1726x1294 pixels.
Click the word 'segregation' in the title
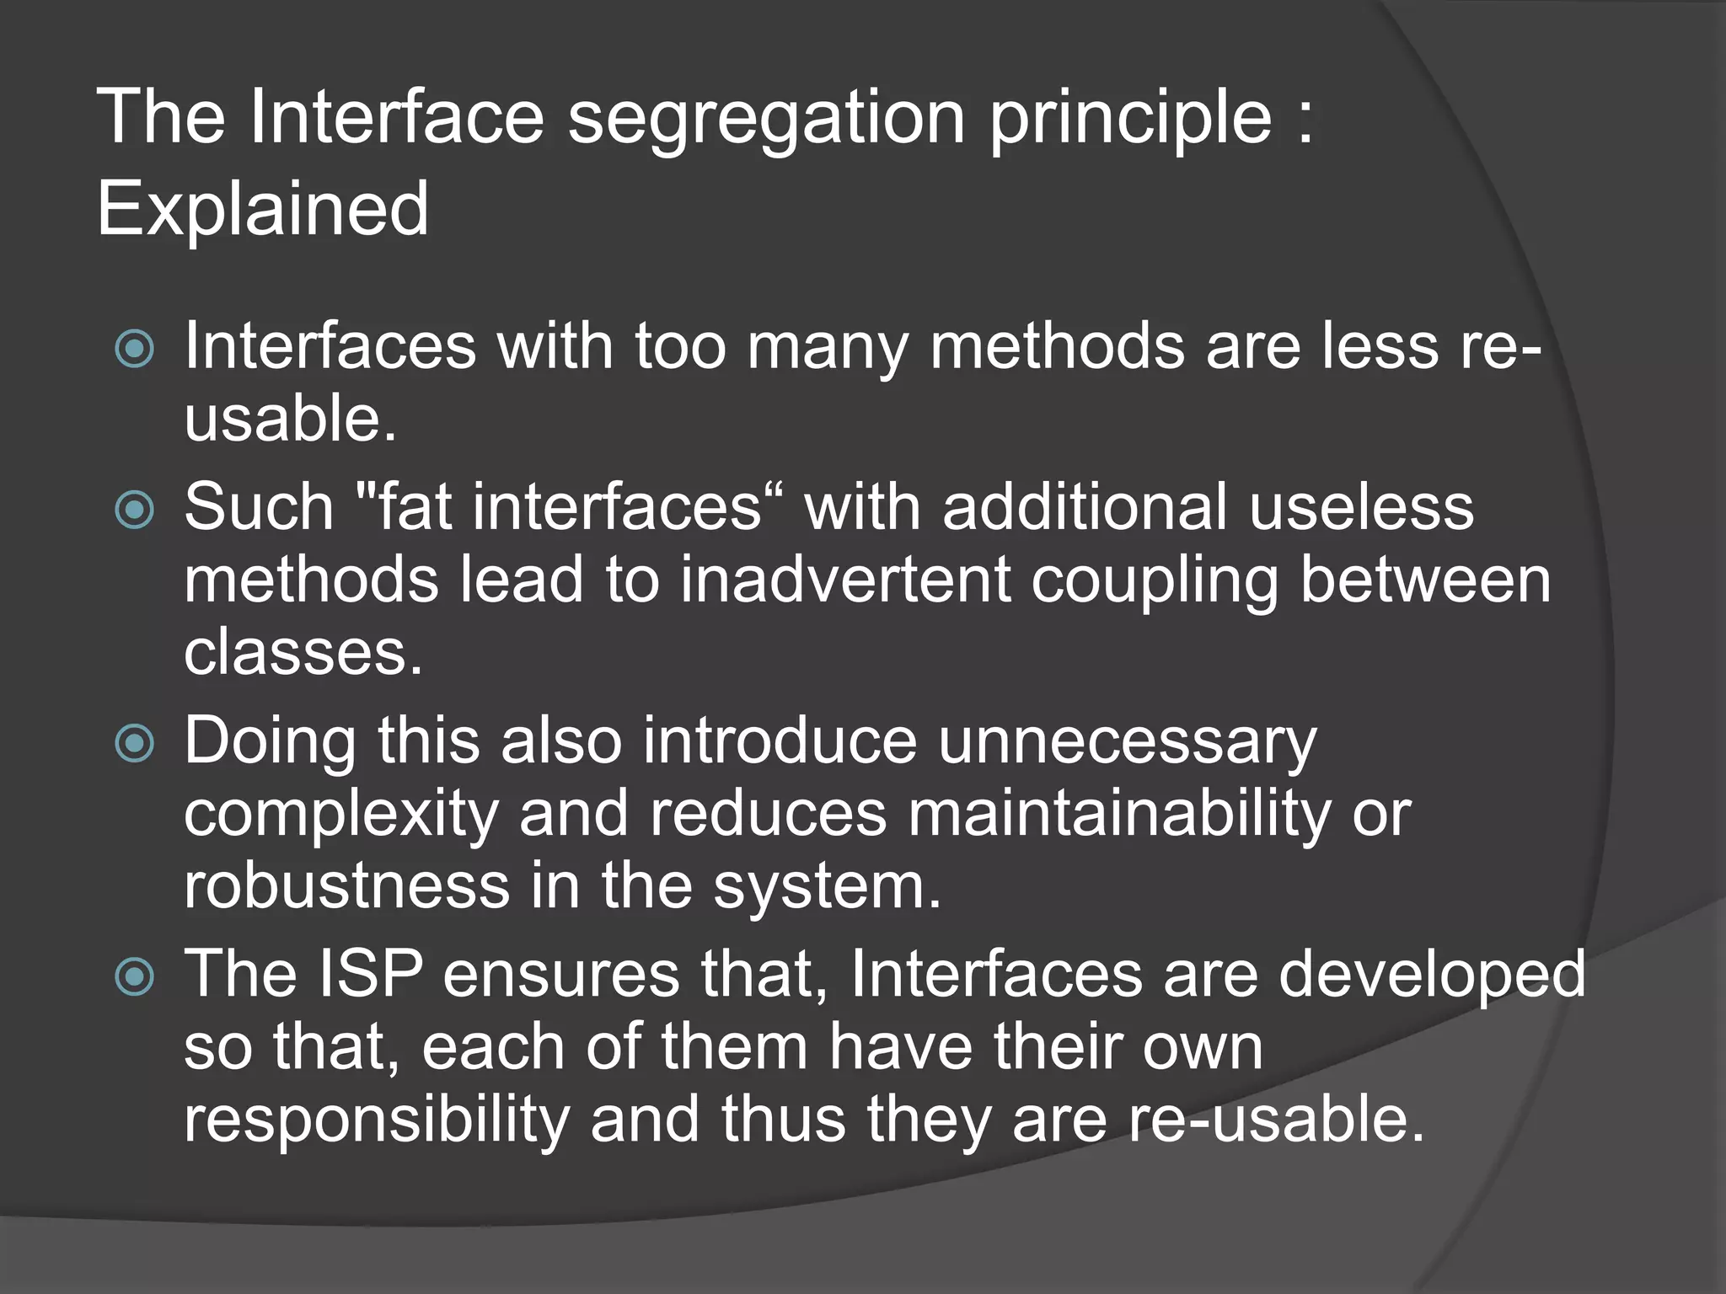pyautogui.click(x=765, y=120)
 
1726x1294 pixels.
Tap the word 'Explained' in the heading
pyautogui.click(x=263, y=208)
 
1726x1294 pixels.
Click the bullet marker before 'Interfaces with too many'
pyautogui.click(x=135, y=349)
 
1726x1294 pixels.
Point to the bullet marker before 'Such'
pyautogui.click(x=135, y=510)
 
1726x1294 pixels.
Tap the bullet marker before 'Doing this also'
pyautogui.click(x=135, y=743)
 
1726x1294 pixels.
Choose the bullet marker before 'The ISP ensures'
pyautogui.click(x=135, y=976)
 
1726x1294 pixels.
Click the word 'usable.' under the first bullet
pyautogui.click(x=290, y=419)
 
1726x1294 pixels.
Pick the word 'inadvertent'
pyautogui.click(x=845, y=580)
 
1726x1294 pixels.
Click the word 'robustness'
pyautogui.click(x=347, y=887)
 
